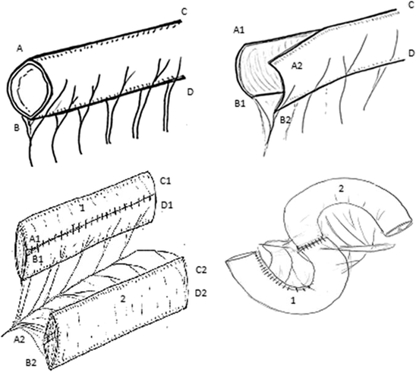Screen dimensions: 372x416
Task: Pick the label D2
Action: coord(201,292)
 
